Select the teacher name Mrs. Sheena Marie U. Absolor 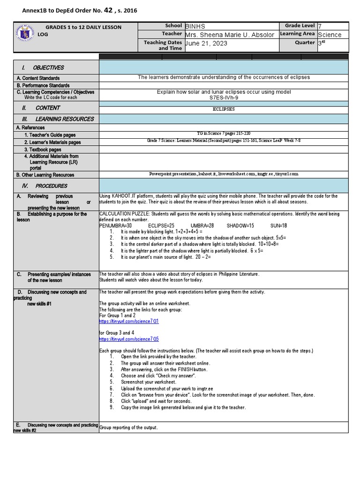pos(229,35)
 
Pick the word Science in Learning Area pos(330,35)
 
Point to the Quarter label pos(305,43)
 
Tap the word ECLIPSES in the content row pos(224,108)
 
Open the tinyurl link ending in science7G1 pos(129,322)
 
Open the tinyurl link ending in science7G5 pos(129,339)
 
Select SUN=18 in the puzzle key pos(278,225)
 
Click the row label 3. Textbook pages pos(43,150)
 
